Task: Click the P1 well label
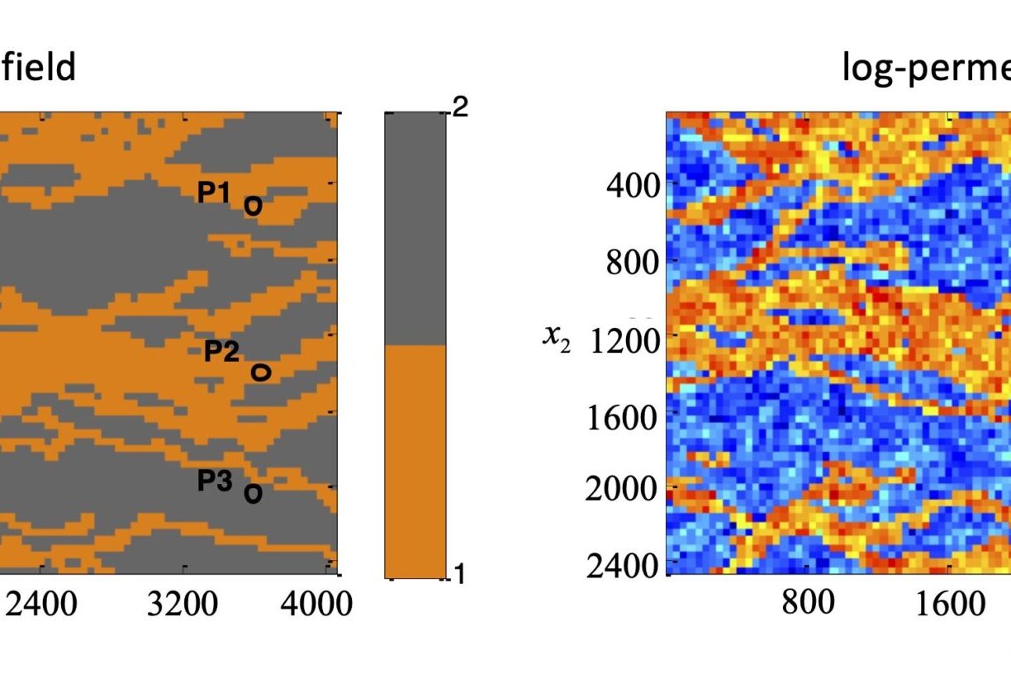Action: click(213, 192)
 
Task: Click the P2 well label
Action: click(221, 352)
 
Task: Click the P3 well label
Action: click(215, 481)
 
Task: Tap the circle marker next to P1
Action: click(253, 206)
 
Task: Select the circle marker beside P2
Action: click(260, 373)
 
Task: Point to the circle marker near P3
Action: click(253, 494)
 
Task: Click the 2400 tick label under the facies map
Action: click(40, 605)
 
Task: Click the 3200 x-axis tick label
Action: click(183, 605)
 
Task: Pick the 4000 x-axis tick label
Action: click(316, 605)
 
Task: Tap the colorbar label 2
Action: click(460, 107)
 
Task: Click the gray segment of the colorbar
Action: click(415, 228)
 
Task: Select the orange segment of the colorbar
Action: click(415, 461)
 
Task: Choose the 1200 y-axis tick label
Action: click(619, 339)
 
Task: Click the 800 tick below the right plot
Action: click(807, 603)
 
